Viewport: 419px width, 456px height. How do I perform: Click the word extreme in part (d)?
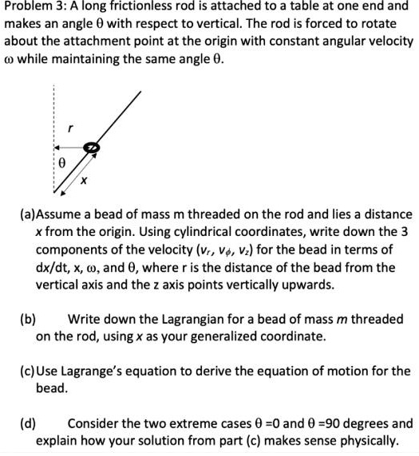click(x=190, y=423)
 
